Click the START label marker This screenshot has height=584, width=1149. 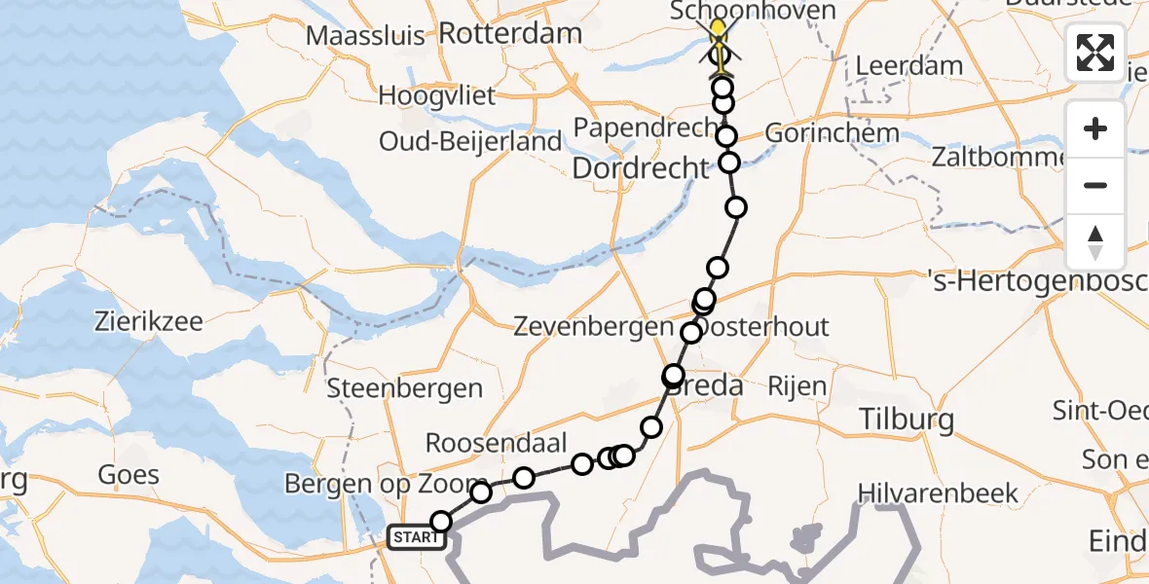coord(417,537)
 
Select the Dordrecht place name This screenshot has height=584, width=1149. coord(641,168)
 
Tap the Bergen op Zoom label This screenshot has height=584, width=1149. coord(386,484)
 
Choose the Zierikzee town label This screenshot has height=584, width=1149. coord(149,321)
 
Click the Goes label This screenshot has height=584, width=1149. coord(129,475)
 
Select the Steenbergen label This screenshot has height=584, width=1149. coord(405,388)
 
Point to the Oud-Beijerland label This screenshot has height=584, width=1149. coord(470,141)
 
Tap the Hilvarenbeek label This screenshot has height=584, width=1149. coord(938,493)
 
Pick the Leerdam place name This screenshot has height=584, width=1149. coord(909,66)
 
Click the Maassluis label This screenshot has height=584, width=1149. coord(365,37)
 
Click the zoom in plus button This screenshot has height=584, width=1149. coord(1095,128)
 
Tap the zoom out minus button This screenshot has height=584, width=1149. coord(1095,185)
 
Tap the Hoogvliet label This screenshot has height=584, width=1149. coord(437,95)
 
